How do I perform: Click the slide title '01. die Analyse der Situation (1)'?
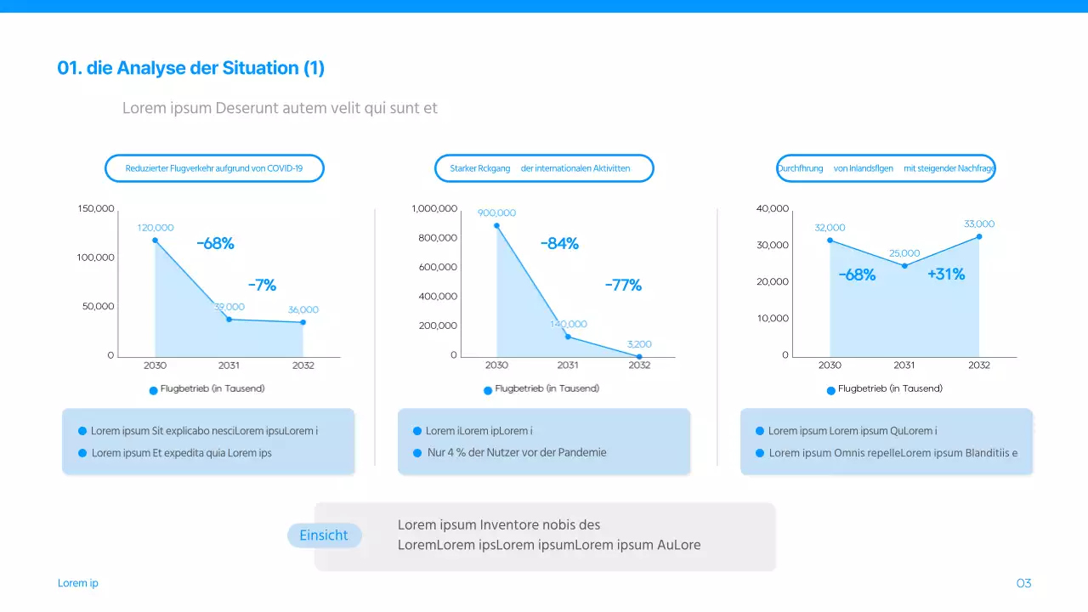[x=190, y=68]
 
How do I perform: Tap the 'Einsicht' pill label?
[x=324, y=535]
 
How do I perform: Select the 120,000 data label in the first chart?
[x=156, y=228]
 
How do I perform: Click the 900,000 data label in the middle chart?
[x=496, y=213]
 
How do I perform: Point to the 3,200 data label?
[x=639, y=344]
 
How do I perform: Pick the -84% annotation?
[x=559, y=244]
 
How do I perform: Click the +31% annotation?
[x=946, y=275]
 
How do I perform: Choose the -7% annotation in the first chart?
[x=262, y=286]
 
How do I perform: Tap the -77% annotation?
[x=623, y=286]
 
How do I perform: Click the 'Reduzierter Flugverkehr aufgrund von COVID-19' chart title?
[x=214, y=168]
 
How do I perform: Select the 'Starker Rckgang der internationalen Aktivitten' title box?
[x=544, y=168]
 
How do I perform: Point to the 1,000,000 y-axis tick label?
[x=433, y=209]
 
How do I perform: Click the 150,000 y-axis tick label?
[x=96, y=209]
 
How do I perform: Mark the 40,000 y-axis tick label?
[x=772, y=209]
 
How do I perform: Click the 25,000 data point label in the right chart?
[x=904, y=253]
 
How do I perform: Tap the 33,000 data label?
[x=979, y=224]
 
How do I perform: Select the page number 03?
[x=1023, y=583]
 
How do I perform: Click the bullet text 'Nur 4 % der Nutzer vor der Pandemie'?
[x=517, y=452]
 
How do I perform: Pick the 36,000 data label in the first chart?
[x=303, y=310]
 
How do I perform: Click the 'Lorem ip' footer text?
[x=78, y=583]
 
